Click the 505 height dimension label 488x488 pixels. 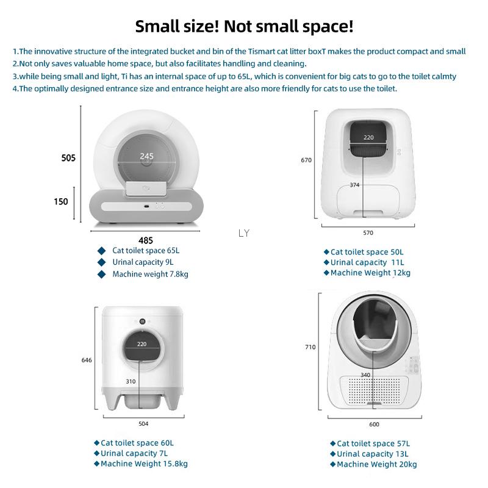[x=68, y=158]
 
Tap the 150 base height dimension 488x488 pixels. [x=61, y=202]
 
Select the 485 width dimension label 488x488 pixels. [x=146, y=240]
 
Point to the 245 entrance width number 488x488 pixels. [x=146, y=156]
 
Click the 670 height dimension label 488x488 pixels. [x=306, y=160]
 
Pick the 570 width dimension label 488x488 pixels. [x=368, y=233]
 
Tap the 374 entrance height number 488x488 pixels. [x=354, y=185]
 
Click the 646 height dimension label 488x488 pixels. [x=87, y=360]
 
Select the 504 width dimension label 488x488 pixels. [x=143, y=423]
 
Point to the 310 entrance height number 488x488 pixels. [x=131, y=381]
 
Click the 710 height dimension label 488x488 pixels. [x=310, y=347]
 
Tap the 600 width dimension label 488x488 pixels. [x=374, y=424]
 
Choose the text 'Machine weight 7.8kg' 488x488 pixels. [x=150, y=274]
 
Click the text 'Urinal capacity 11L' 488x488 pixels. [x=367, y=262]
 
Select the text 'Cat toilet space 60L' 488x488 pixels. [x=137, y=443]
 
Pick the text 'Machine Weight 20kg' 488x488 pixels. [x=377, y=464]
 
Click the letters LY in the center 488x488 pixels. [x=244, y=233]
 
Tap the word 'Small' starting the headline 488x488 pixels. [x=158, y=26]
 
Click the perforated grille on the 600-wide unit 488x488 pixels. [x=374, y=390]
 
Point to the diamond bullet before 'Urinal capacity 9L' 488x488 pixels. [x=101, y=262]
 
